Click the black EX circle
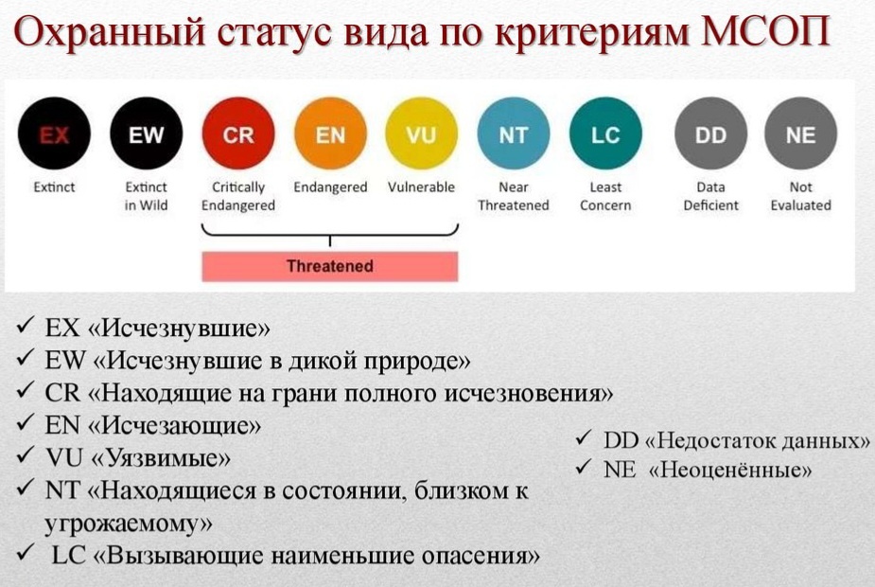click(54, 134)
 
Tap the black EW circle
click(146, 134)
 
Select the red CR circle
click(238, 134)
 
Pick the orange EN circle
click(330, 134)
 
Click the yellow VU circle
click(422, 134)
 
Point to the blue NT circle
click(514, 134)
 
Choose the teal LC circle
click(605, 134)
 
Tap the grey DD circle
click(710, 134)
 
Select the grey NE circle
click(800, 134)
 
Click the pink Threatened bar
click(329, 266)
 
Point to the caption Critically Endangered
click(238, 196)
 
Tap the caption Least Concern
click(605, 196)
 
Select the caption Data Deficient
click(710, 196)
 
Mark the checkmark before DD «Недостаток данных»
click(584, 440)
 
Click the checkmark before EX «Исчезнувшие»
click(26, 328)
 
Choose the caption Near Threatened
click(514, 196)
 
